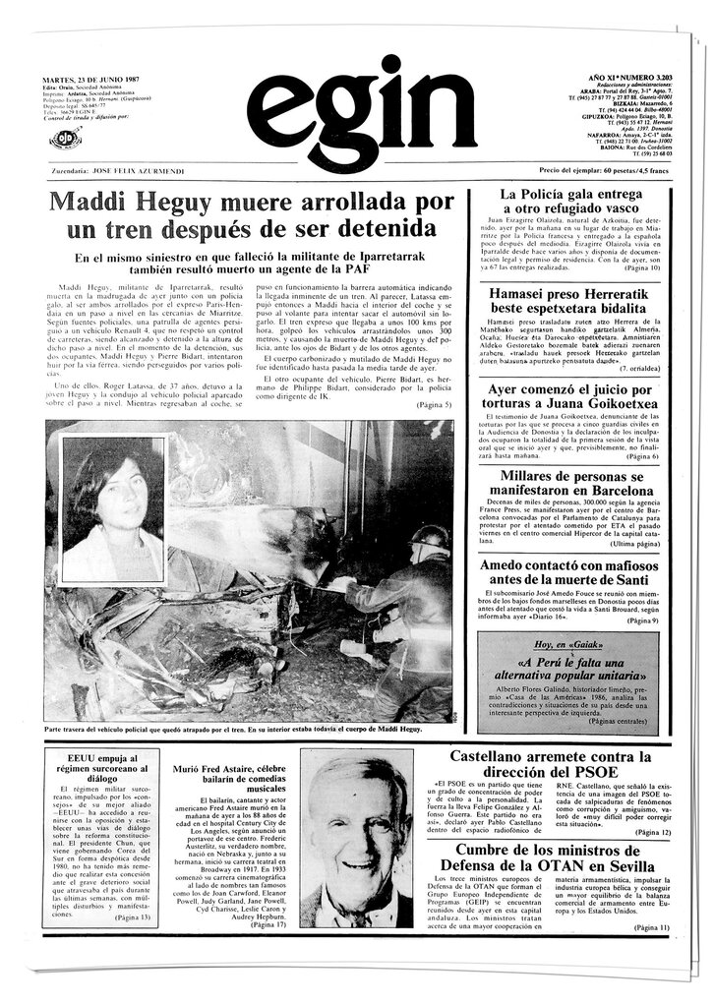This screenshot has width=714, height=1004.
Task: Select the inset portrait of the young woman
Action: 111,512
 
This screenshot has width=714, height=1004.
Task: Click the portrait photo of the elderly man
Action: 356,839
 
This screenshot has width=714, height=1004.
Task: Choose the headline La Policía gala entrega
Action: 570,202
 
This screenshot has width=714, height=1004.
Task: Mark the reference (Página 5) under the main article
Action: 434,405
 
